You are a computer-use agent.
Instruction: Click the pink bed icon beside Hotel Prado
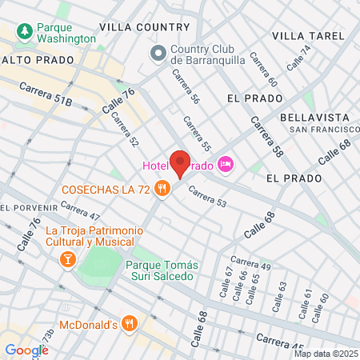click(x=226, y=165)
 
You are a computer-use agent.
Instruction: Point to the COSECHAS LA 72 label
click(x=109, y=190)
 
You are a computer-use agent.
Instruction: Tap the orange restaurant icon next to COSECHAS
click(x=162, y=189)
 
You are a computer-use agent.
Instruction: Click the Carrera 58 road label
click(x=266, y=136)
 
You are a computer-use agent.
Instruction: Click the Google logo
click(x=26, y=350)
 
